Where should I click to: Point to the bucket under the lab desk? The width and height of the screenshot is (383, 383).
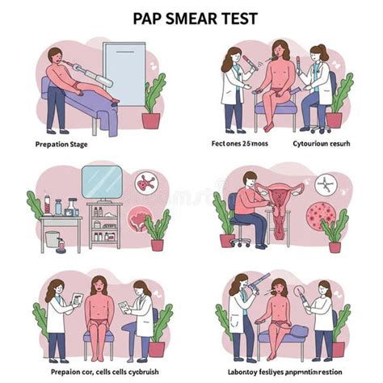(x=53, y=240)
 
